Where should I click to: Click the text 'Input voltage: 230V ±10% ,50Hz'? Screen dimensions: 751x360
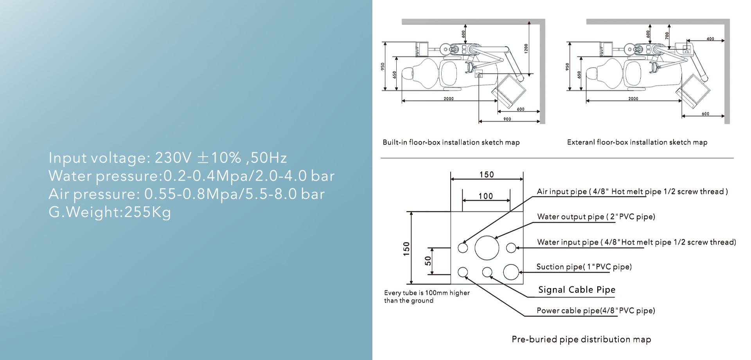point(168,158)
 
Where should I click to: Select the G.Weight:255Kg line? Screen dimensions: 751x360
point(110,212)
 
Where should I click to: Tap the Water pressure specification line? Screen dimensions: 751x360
point(192,176)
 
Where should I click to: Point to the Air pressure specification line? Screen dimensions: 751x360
point(187,194)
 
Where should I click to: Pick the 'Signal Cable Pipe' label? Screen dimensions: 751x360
point(577,290)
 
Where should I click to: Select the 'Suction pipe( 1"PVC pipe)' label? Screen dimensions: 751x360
point(584,267)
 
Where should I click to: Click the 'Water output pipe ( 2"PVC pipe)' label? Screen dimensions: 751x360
point(596,217)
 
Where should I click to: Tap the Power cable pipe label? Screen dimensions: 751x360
point(596,311)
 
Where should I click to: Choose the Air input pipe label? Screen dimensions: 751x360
point(632,192)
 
